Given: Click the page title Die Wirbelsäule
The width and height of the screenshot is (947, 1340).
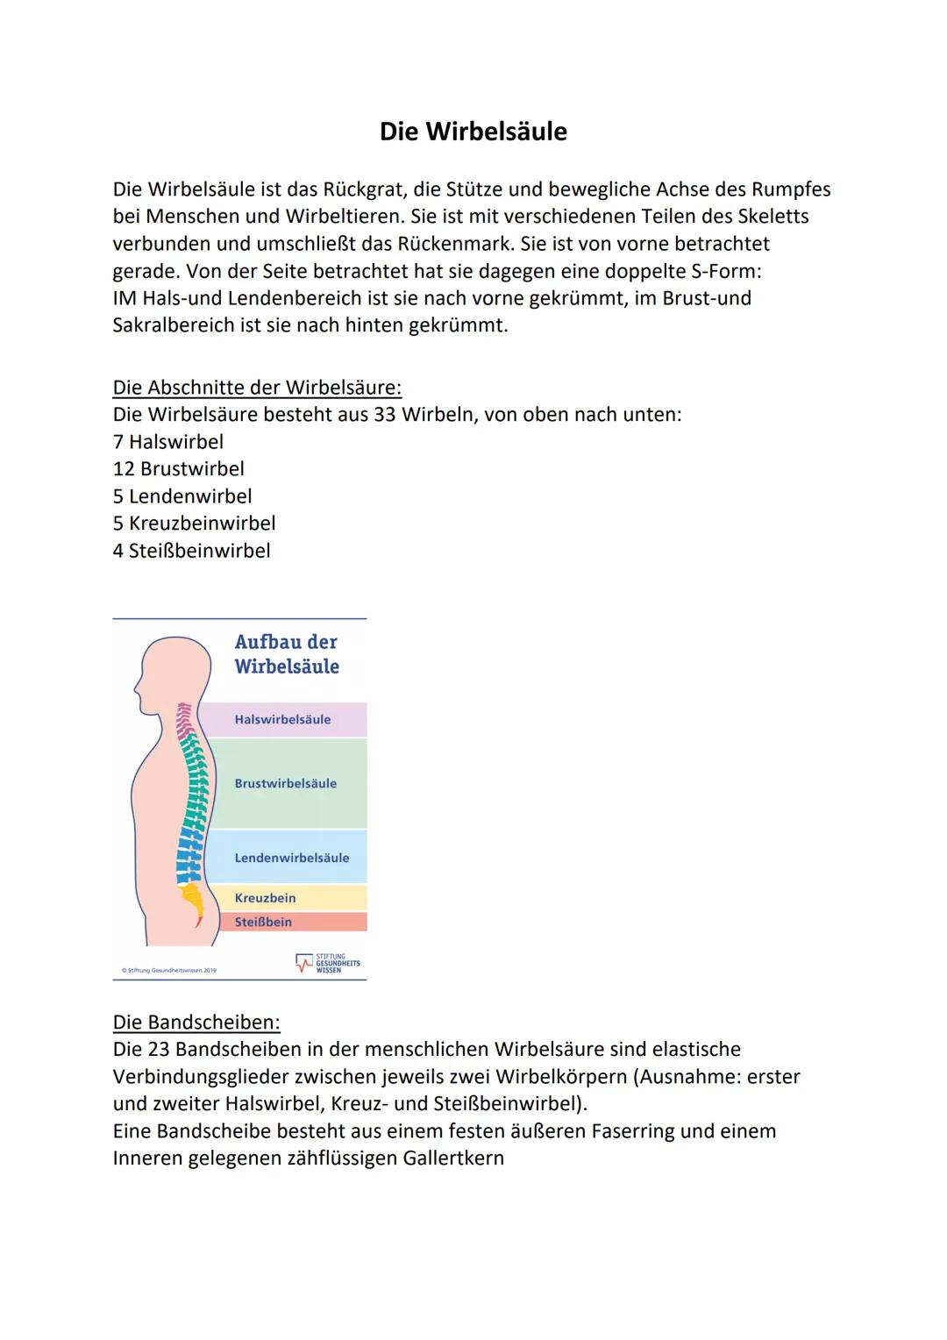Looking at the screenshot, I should (x=473, y=132).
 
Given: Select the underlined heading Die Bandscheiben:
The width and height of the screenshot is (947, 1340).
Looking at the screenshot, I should (x=196, y=1022).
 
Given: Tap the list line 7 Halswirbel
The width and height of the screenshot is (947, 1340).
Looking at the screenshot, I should (x=168, y=442).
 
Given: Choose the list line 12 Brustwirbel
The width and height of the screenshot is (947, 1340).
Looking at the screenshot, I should (x=179, y=469).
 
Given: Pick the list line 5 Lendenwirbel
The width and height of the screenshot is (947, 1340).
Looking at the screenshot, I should (x=182, y=496).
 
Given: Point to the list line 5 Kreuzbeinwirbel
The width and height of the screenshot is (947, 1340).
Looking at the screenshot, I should (x=194, y=524).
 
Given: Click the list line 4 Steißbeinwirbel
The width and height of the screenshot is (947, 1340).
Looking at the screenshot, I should (x=191, y=551).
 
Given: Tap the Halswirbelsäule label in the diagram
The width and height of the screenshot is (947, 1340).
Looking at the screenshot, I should (x=282, y=720).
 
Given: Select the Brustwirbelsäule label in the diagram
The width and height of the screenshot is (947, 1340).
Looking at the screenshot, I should (x=285, y=784).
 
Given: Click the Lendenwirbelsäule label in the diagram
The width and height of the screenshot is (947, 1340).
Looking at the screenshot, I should (x=291, y=858).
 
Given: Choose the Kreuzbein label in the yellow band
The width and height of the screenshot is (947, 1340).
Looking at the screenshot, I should (x=265, y=898).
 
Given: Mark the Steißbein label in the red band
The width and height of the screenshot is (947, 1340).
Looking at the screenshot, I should (x=263, y=922).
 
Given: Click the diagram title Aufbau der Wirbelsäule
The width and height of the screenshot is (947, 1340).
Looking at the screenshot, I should (x=286, y=654).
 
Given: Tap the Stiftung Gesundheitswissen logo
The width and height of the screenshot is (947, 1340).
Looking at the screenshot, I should (x=328, y=963).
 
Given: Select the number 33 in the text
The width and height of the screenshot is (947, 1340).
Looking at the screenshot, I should (x=385, y=415).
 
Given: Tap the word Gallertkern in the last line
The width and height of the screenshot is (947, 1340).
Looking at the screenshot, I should (x=453, y=1158).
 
